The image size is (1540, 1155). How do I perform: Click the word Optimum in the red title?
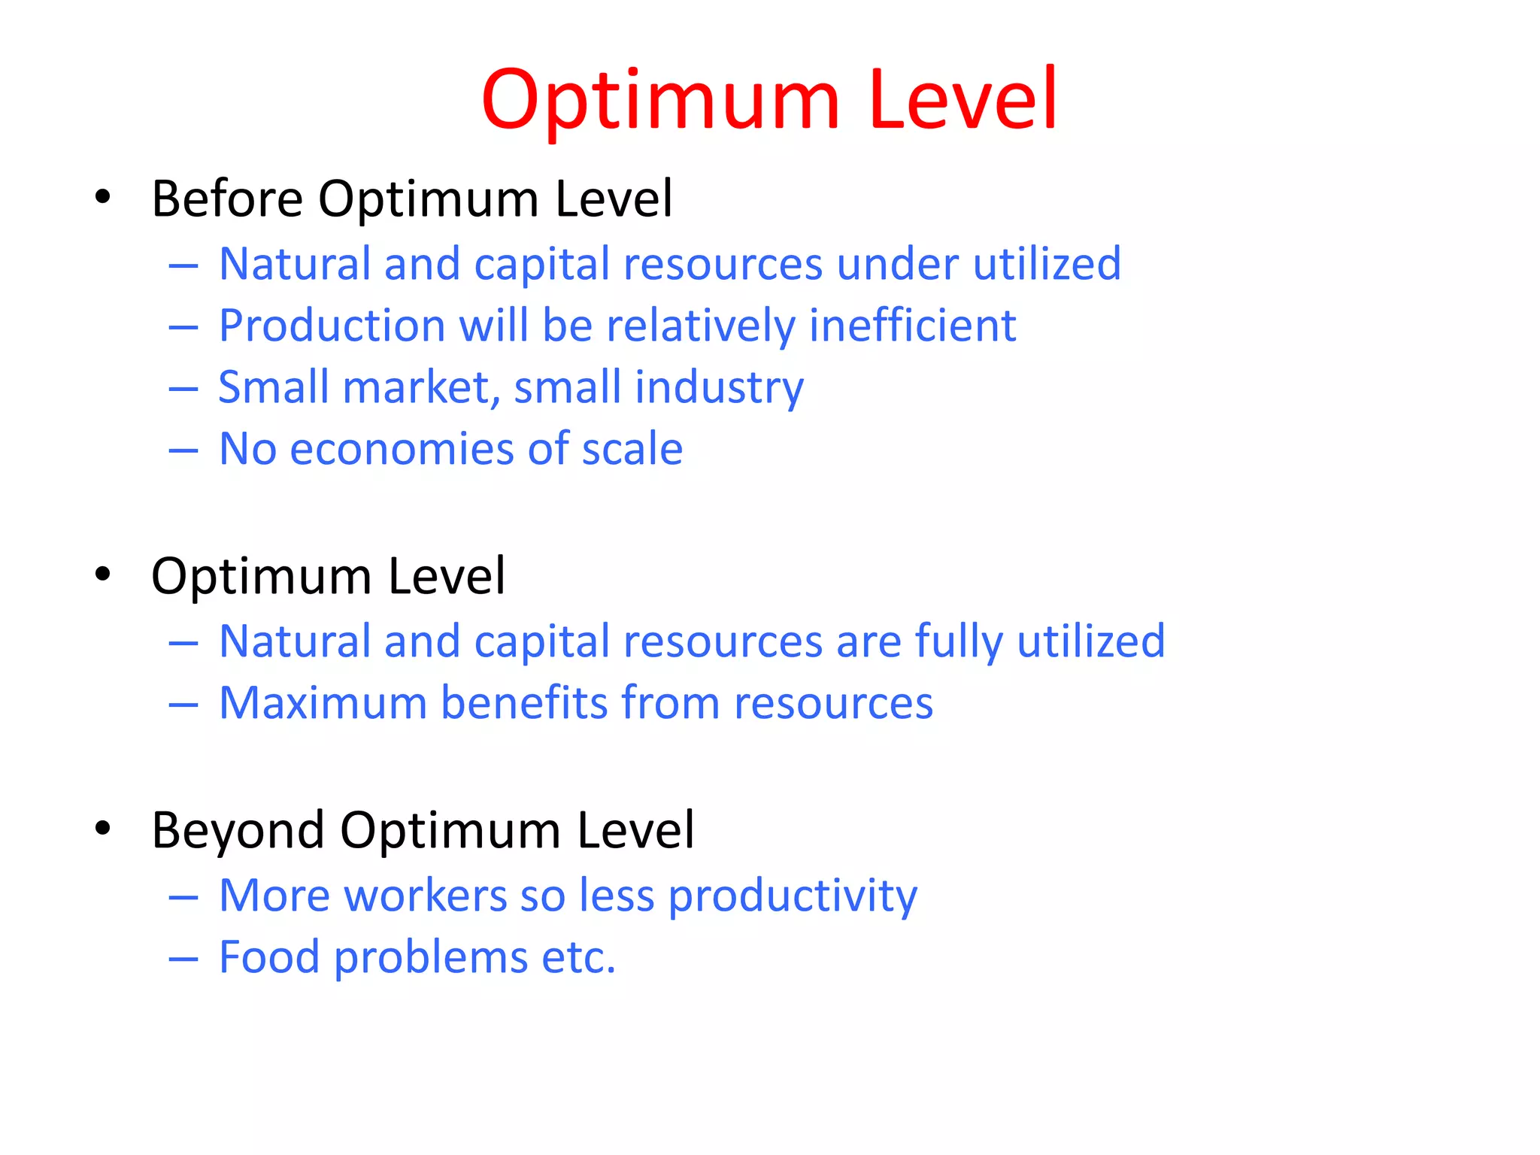tap(660, 101)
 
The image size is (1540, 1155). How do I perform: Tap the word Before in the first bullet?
tap(227, 199)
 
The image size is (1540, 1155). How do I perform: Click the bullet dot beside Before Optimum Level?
tap(103, 198)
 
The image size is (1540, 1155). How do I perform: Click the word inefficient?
tap(912, 326)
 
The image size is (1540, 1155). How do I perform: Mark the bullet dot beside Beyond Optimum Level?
tap(103, 829)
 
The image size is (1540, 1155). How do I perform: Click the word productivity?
tap(793, 896)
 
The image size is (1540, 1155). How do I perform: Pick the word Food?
tap(269, 958)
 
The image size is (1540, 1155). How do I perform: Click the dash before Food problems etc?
tap(183, 959)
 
